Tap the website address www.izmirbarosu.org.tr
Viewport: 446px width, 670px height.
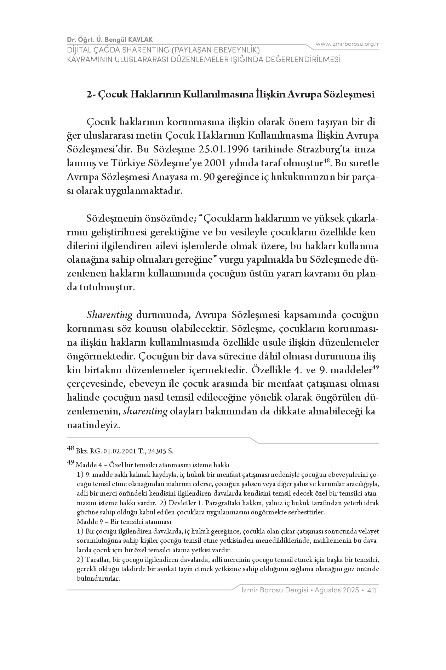(347, 44)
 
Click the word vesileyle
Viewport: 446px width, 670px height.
(245, 232)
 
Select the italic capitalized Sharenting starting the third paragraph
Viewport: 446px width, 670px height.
(109, 315)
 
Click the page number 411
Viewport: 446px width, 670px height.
(372, 591)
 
